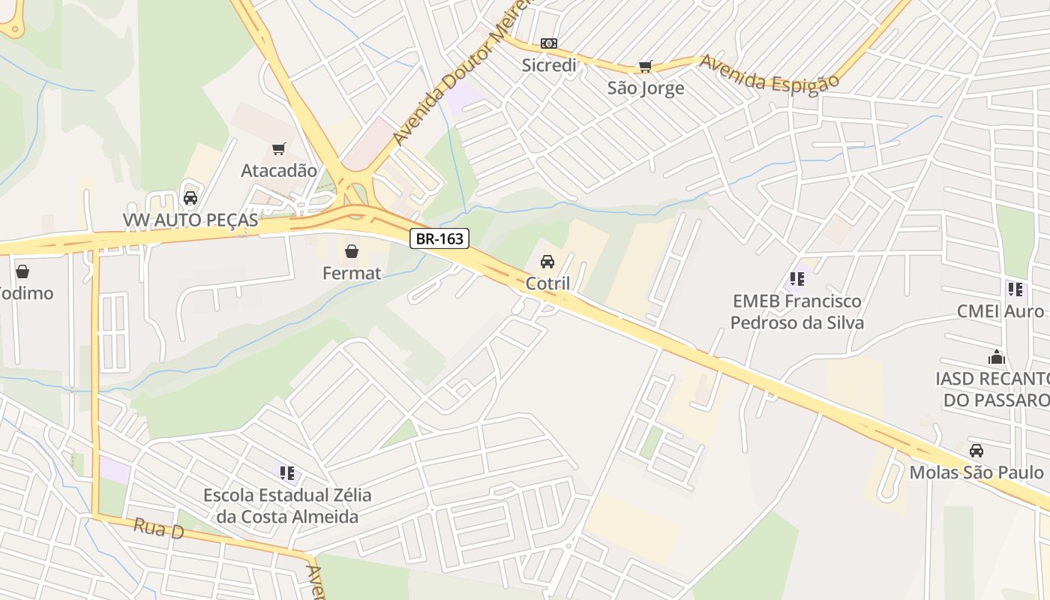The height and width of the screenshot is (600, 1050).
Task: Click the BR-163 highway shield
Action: pyautogui.click(x=440, y=238)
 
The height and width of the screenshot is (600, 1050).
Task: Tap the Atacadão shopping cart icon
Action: pyautogui.click(x=279, y=149)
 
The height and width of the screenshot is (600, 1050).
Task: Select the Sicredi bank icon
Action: pyautogui.click(x=549, y=43)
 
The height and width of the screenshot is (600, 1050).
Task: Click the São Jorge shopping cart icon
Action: pyautogui.click(x=645, y=67)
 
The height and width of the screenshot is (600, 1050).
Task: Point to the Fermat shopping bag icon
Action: pyautogui.click(x=351, y=251)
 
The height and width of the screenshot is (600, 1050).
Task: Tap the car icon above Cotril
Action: pyautogui.click(x=547, y=262)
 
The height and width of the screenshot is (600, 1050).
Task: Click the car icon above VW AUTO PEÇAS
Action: pyautogui.click(x=190, y=198)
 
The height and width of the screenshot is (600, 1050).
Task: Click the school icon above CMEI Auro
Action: pyautogui.click(x=1015, y=289)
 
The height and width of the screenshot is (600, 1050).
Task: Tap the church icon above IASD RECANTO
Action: pyautogui.click(x=997, y=357)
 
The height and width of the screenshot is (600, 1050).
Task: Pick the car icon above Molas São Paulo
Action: pyautogui.click(x=976, y=451)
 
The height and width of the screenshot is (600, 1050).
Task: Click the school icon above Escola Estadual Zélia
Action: pyautogui.click(x=287, y=473)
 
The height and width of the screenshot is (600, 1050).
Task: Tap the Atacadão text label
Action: pyautogui.click(x=279, y=171)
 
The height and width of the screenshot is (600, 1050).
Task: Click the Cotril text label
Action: pyautogui.click(x=547, y=283)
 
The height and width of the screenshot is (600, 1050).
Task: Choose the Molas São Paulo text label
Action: pyautogui.click(x=976, y=472)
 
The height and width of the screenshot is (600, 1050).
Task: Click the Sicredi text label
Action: pyautogui.click(x=549, y=65)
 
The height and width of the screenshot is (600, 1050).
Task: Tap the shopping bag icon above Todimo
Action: pyautogui.click(x=22, y=271)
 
